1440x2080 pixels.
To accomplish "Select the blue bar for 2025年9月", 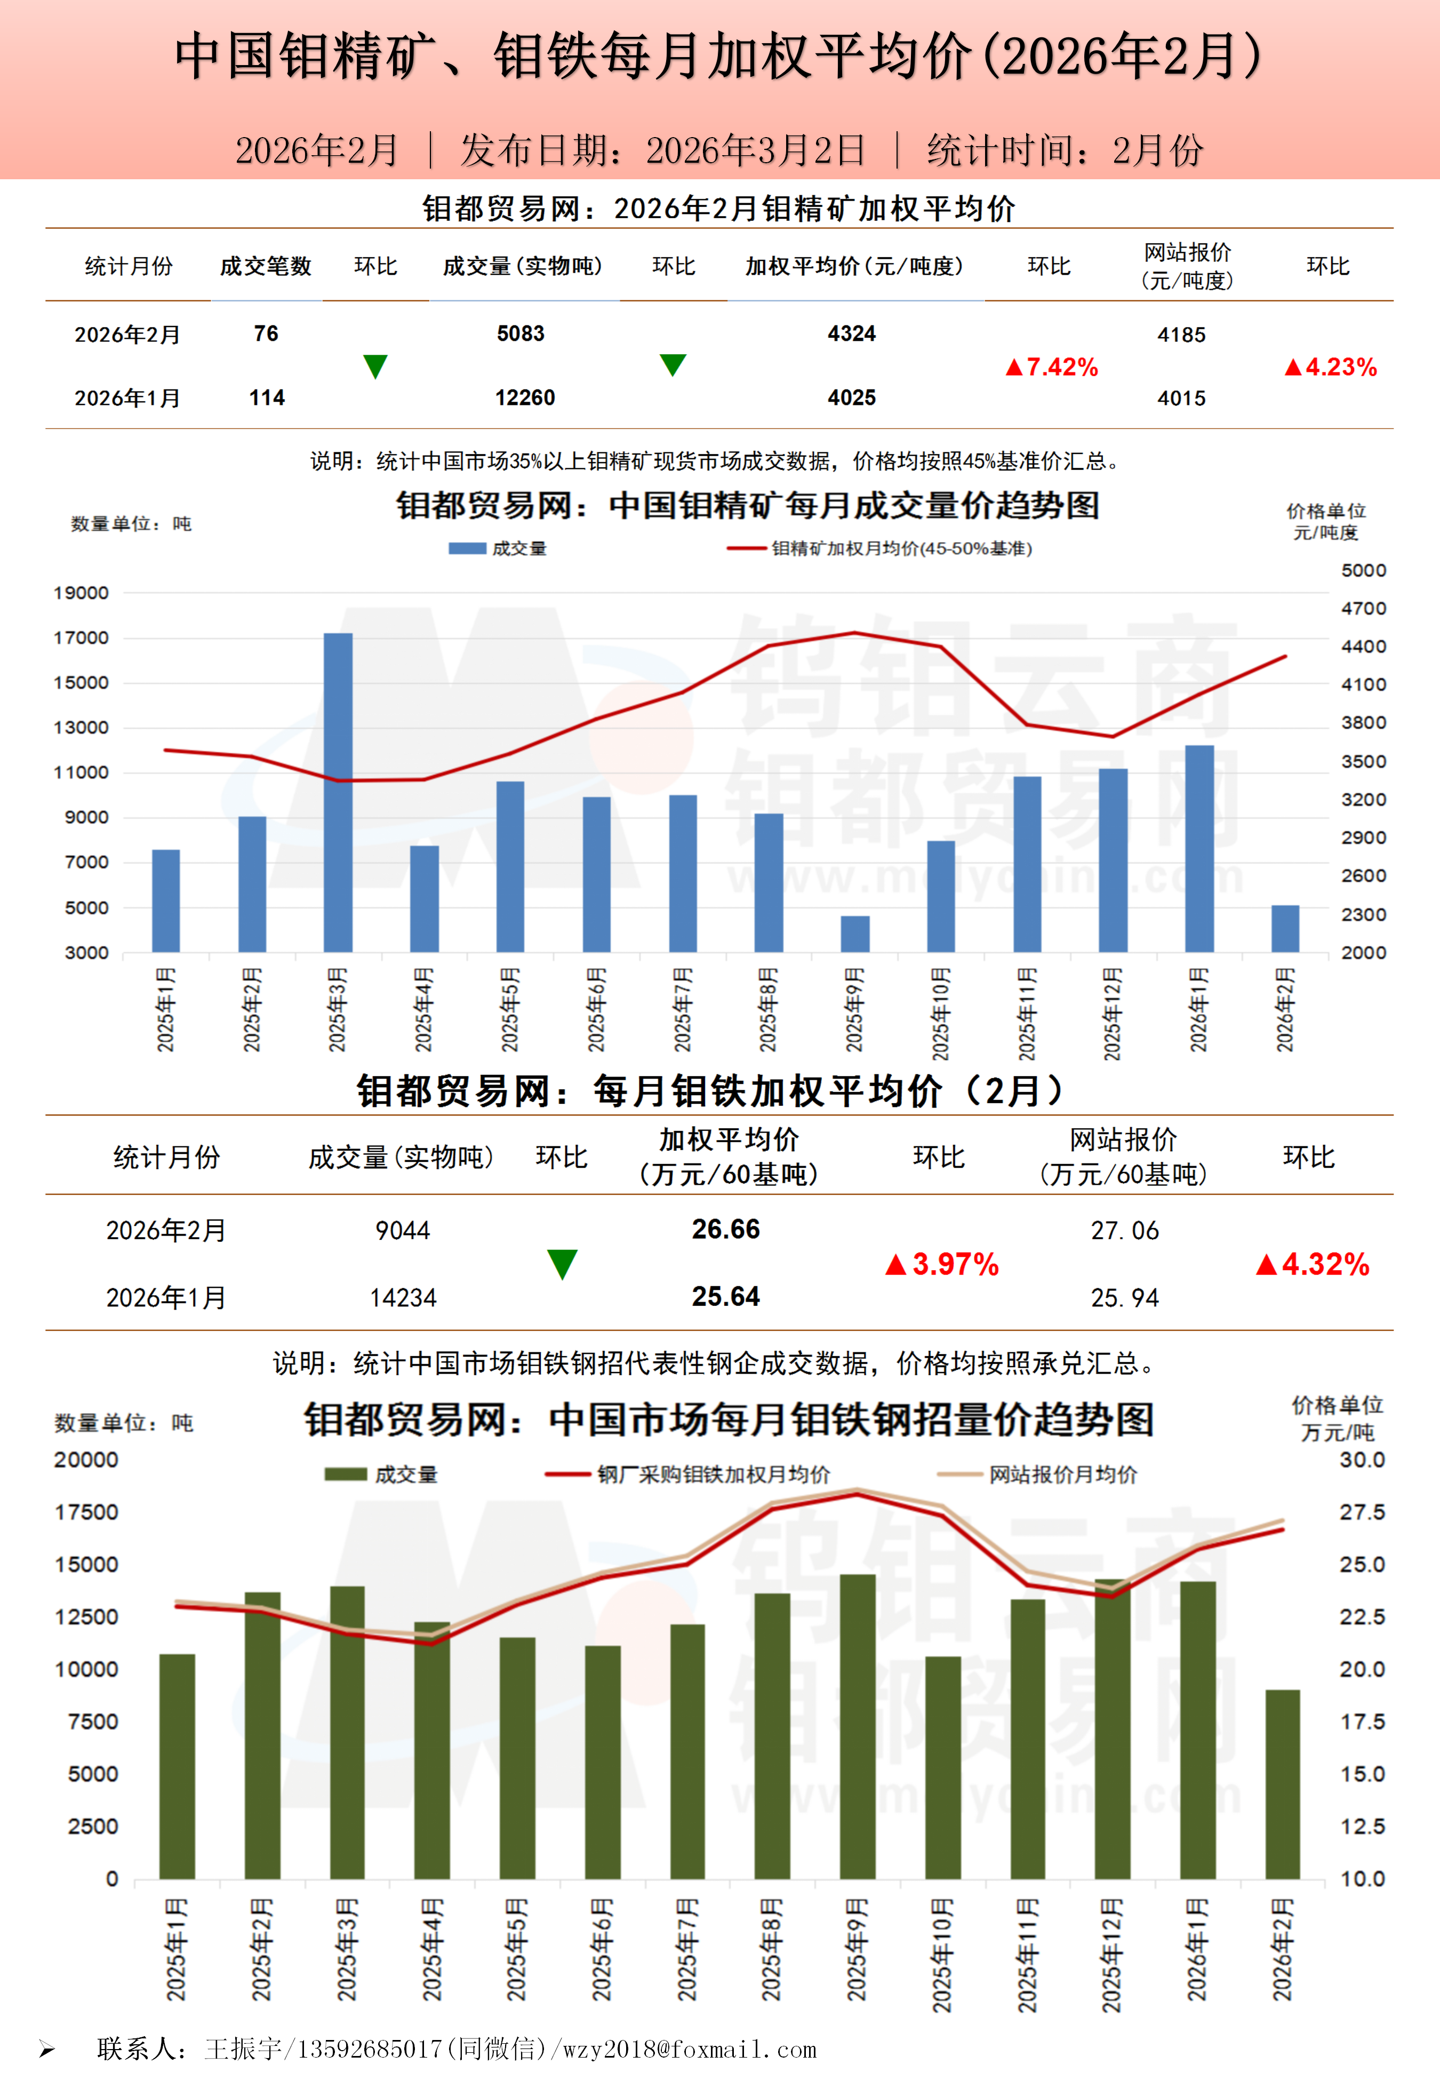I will coord(855,934).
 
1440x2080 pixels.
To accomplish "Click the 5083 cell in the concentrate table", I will coord(521,334).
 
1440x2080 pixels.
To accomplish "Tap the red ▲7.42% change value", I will coord(1052,367).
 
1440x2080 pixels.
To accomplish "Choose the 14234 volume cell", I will coord(403,1297).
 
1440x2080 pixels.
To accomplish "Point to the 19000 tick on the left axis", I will coord(81,593).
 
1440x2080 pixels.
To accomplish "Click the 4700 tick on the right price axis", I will coord(1363,608).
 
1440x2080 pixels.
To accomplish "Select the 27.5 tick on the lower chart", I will coord(1362,1512).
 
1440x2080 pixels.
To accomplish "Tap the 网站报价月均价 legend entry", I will coord(1062,1475).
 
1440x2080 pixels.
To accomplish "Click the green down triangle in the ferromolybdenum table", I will coord(562,1264).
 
